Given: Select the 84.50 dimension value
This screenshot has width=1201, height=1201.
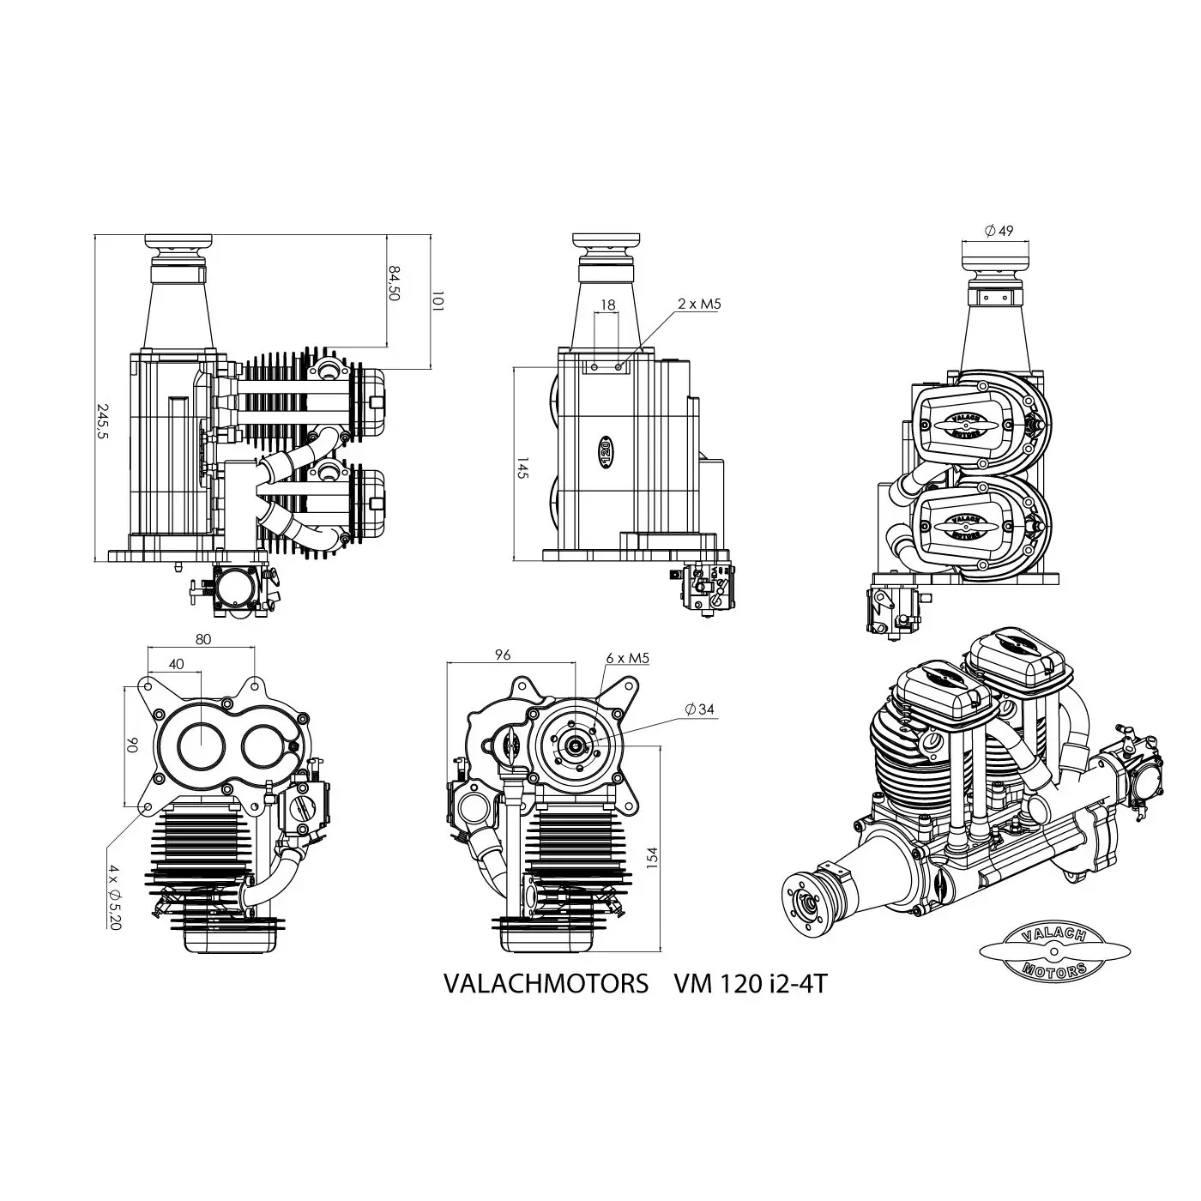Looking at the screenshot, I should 395,282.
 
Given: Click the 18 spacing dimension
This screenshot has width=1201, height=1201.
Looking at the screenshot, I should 608,305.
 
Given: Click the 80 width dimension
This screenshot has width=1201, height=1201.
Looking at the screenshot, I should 202,638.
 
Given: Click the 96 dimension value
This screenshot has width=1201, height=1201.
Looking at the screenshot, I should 503,655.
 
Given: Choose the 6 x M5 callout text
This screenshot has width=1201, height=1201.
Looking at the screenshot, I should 627,658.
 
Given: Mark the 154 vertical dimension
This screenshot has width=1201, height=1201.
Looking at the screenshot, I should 651,857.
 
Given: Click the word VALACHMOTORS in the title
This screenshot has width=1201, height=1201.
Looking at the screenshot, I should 546,984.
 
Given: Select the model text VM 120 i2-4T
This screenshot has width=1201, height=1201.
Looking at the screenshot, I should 750,984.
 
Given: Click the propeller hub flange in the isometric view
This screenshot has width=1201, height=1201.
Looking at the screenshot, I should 809,902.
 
